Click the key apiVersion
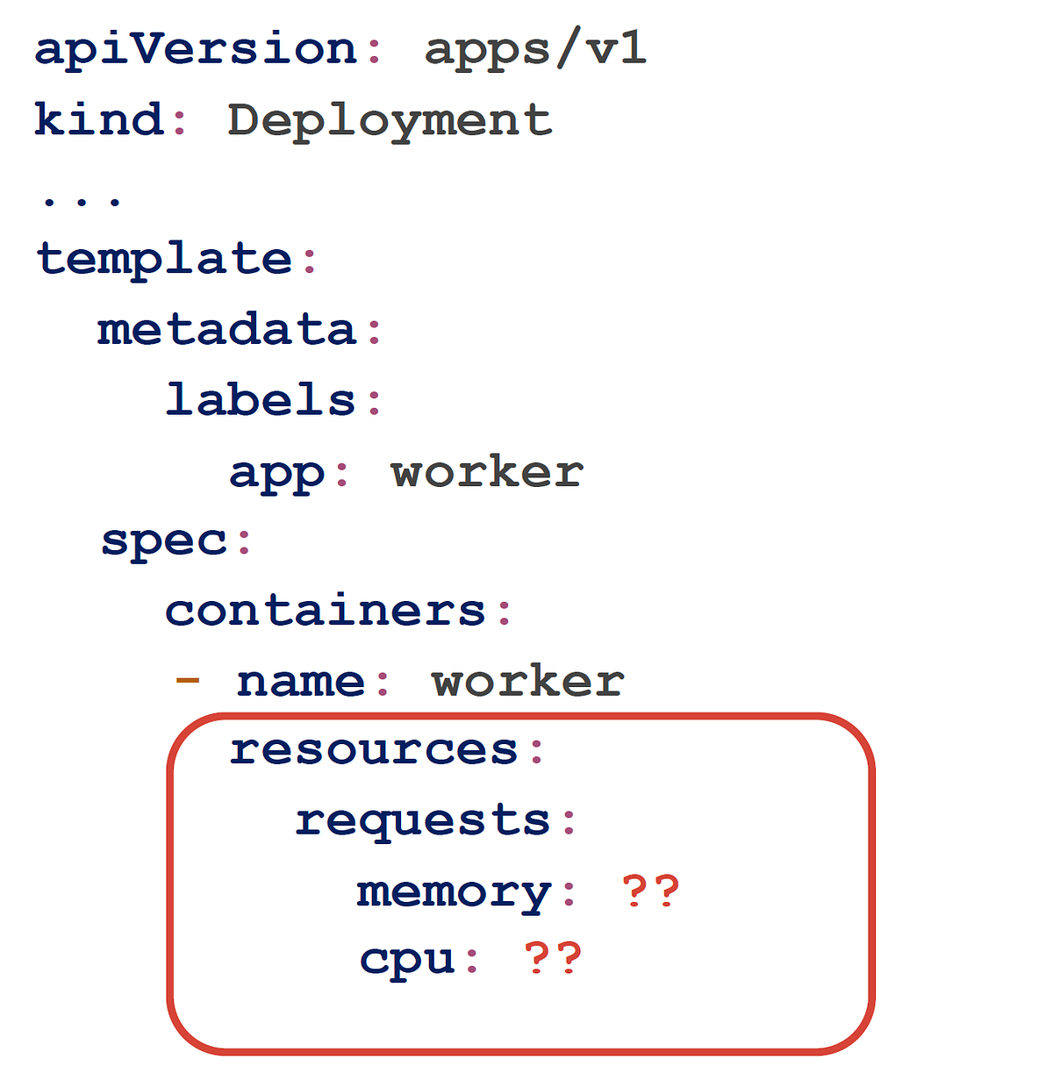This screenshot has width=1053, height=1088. [196, 49]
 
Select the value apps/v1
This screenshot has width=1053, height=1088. [535, 49]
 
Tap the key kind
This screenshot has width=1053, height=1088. [99, 119]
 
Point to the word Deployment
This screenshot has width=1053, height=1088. [390, 123]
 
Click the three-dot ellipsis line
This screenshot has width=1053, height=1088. [82, 201]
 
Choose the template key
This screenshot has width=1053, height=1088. [164, 260]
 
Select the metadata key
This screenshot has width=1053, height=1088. [226, 329]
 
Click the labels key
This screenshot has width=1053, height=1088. [261, 399]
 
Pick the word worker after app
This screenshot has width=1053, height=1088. [487, 471]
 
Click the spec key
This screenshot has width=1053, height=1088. [164, 543]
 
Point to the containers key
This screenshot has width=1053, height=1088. [325, 610]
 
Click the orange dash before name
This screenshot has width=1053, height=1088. [187, 680]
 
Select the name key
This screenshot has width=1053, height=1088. [300, 682]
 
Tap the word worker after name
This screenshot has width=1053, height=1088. [527, 680]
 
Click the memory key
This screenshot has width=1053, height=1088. [454, 893]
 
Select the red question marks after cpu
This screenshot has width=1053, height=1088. [553, 958]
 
